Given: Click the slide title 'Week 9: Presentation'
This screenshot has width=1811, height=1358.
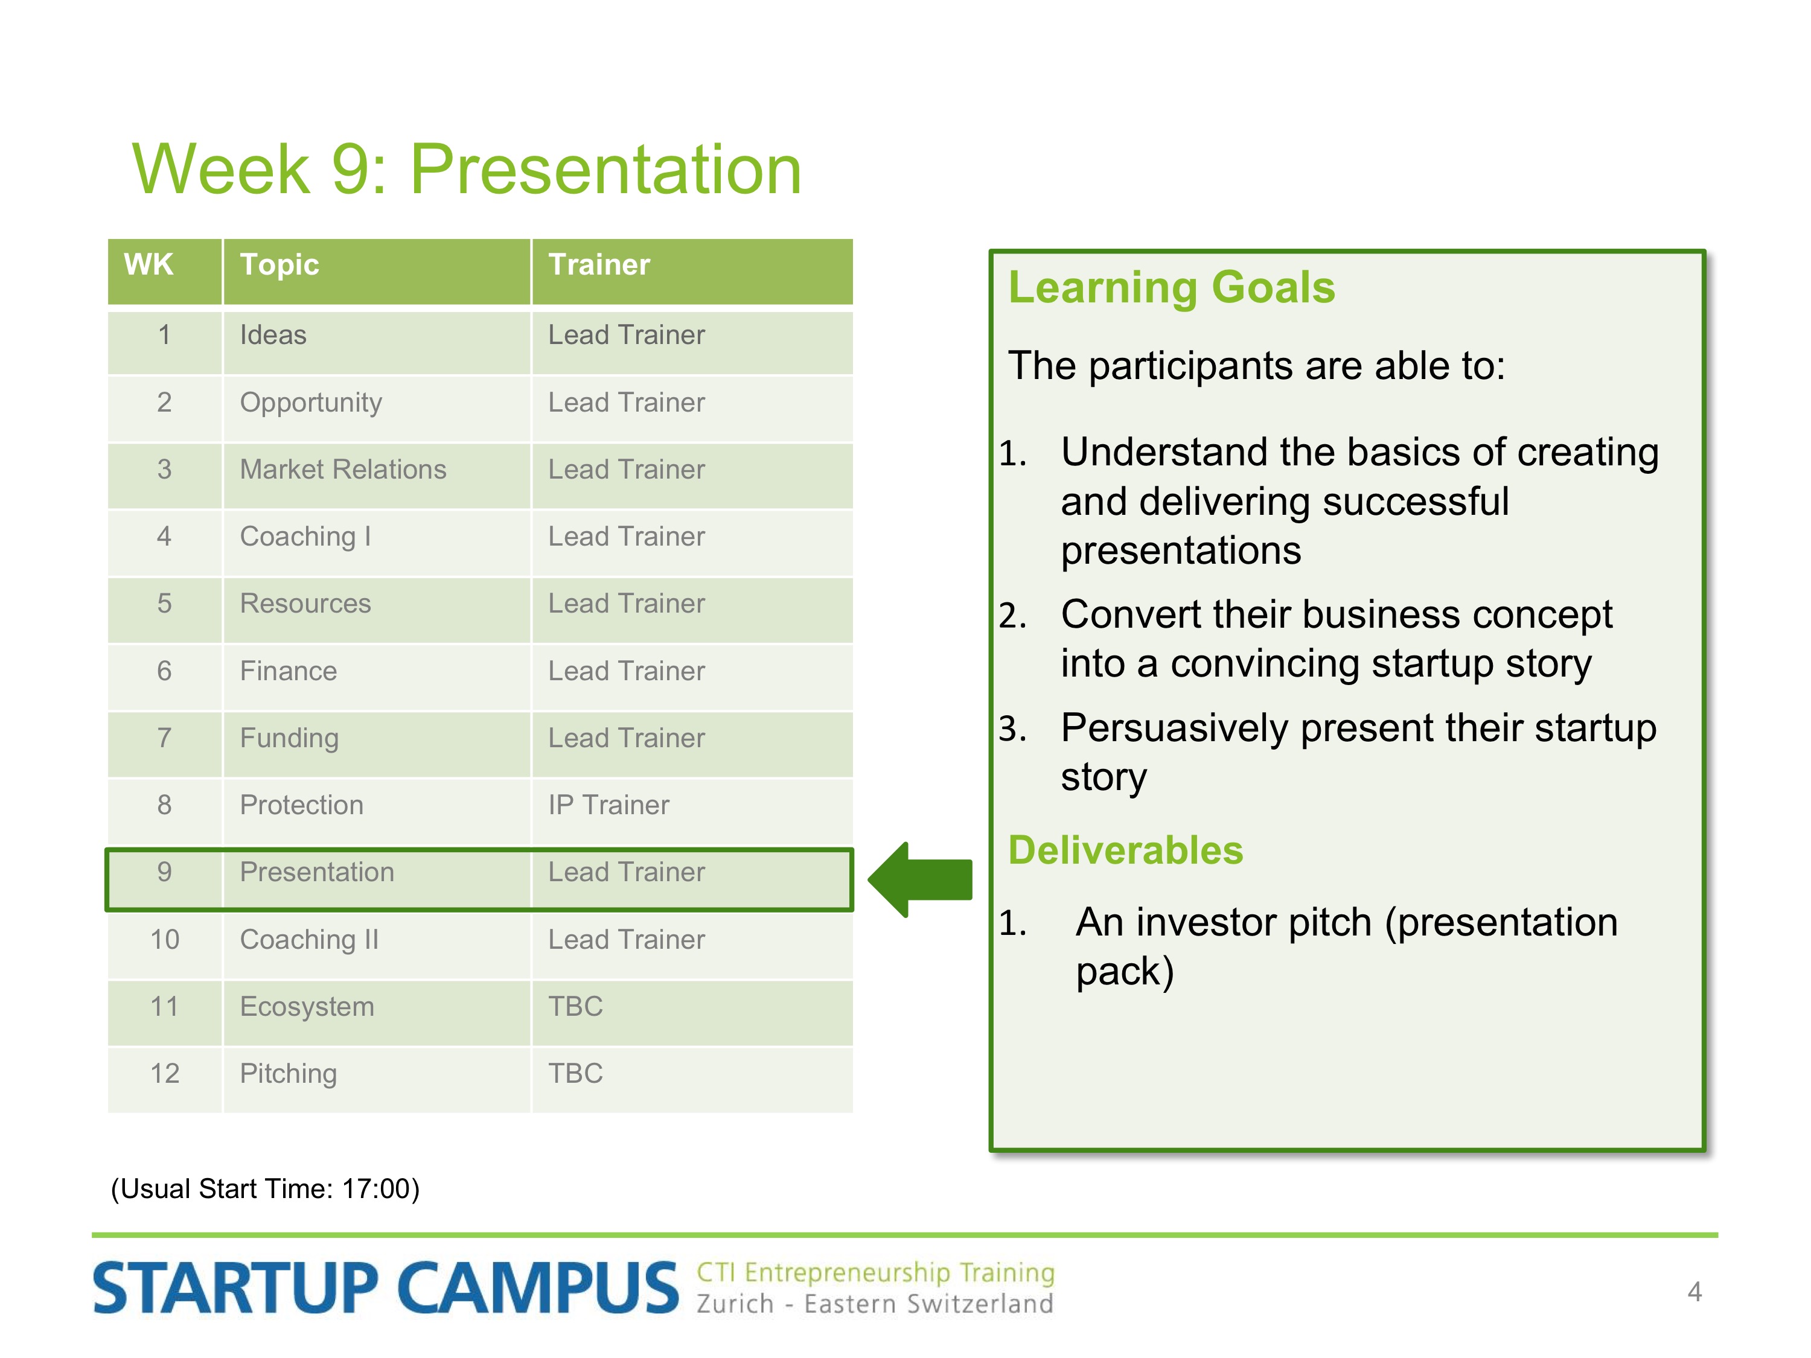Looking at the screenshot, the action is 467,170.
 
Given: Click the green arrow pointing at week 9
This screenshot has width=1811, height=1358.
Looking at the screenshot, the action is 920,880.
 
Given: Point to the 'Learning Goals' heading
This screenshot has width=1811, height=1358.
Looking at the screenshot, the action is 1172,287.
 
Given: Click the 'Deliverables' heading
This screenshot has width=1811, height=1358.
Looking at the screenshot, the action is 1126,850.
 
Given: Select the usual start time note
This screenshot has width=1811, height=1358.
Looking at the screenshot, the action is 265,1188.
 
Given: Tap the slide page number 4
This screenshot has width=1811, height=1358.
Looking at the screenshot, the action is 1694,1292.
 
